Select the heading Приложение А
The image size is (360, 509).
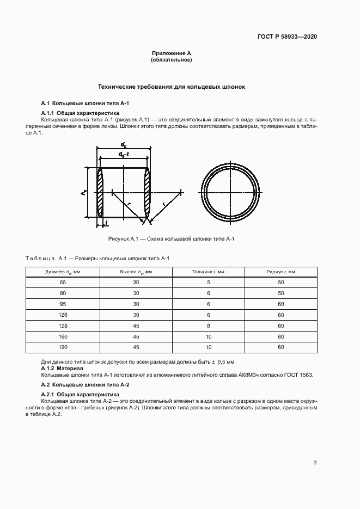(x=171, y=53)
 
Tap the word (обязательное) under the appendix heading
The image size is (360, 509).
(x=171, y=59)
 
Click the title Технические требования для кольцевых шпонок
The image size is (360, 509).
(x=171, y=87)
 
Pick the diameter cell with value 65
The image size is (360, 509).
(x=63, y=282)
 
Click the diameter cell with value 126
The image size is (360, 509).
(x=63, y=315)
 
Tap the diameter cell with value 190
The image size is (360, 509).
(x=63, y=347)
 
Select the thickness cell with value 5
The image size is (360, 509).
(x=209, y=282)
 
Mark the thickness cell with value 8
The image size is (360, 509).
(x=209, y=326)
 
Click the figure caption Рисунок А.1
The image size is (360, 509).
(x=171, y=239)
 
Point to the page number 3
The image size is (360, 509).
(x=315, y=463)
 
